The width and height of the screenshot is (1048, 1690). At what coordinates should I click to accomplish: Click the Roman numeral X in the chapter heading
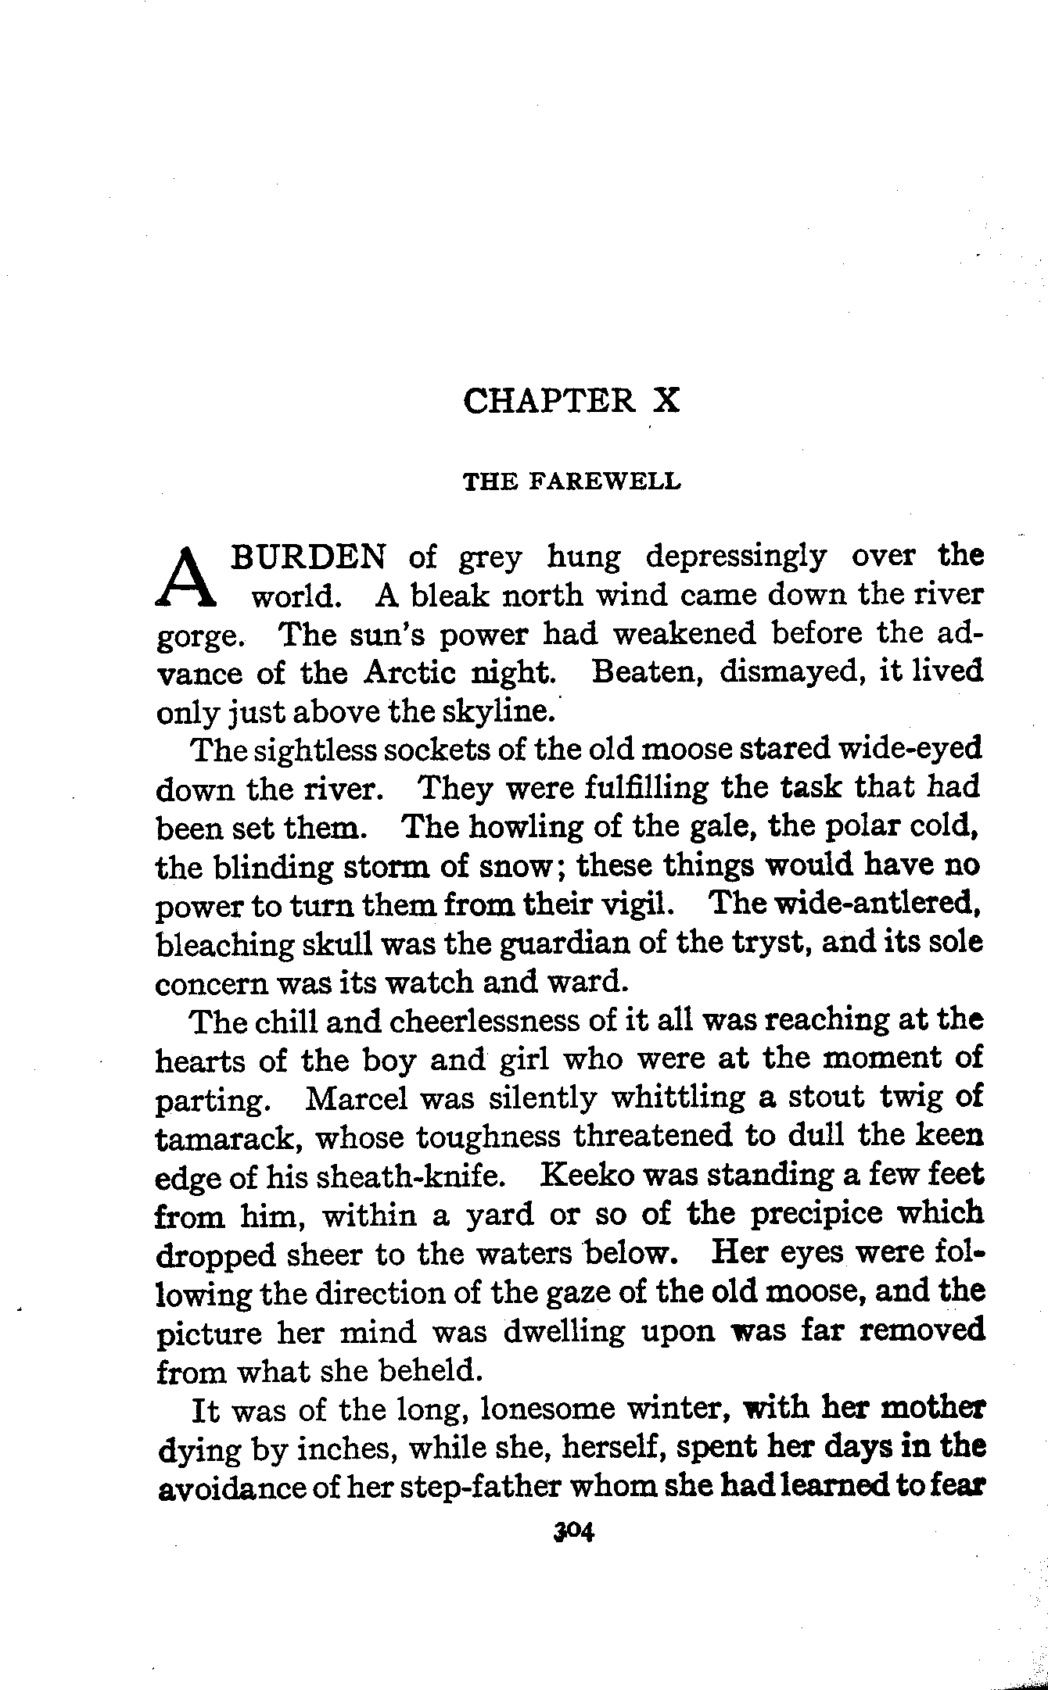(x=666, y=401)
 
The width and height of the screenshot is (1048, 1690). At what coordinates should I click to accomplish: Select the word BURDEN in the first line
(x=308, y=557)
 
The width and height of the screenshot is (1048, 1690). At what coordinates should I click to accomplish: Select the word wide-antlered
(x=886, y=904)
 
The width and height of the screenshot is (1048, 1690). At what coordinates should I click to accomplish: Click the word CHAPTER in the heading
(x=549, y=401)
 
